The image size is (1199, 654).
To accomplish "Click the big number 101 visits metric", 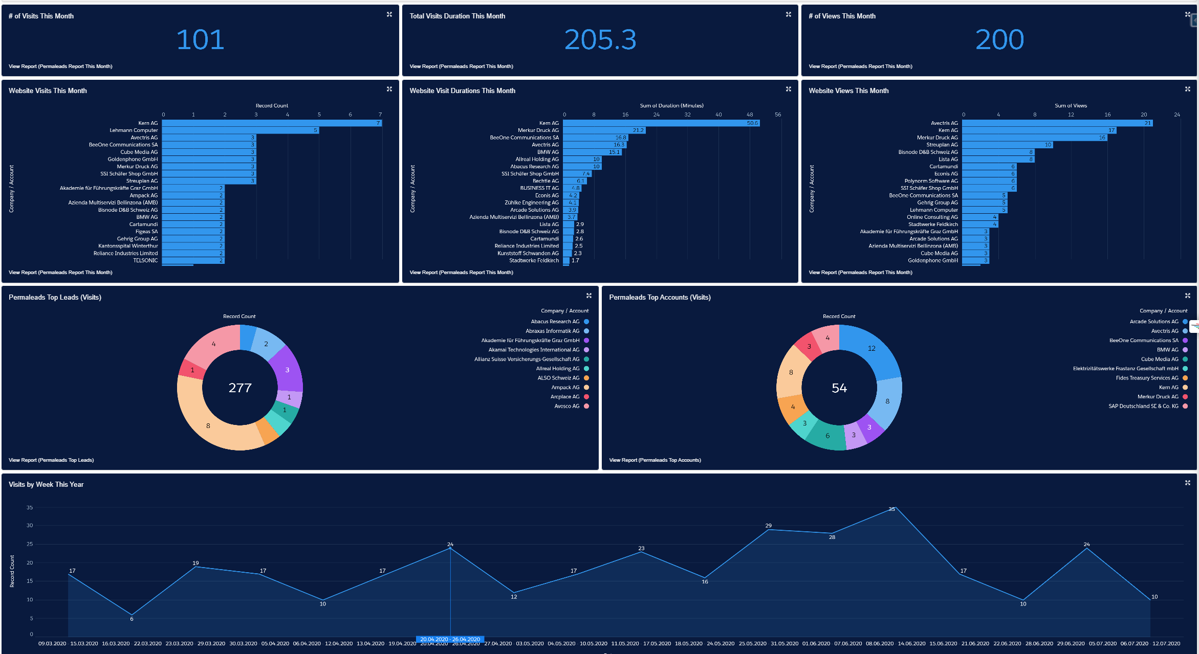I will pos(200,40).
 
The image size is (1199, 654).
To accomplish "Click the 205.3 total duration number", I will pos(600,40).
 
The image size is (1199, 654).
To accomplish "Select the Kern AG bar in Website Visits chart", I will pos(271,123).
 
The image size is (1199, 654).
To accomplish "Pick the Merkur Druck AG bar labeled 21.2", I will pos(604,130).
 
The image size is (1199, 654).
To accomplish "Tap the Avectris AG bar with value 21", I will pos(1057,123).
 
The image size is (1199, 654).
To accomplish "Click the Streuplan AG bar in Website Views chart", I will pos(1007,145).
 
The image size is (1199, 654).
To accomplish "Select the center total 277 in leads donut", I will pos(240,388).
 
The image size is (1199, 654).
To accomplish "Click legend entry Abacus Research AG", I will pos(555,322).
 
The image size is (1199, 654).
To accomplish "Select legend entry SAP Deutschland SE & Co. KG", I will pos(1143,406).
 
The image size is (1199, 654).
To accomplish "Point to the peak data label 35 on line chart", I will pos(891,509).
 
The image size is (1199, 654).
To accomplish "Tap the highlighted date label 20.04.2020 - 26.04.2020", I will pos(450,639).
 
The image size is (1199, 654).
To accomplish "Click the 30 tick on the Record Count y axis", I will pos(30,526).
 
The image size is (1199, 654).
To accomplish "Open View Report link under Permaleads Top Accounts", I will pos(655,460).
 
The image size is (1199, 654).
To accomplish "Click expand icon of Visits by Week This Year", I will pos(1187,483).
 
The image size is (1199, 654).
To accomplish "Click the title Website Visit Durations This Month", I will pos(462,91).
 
